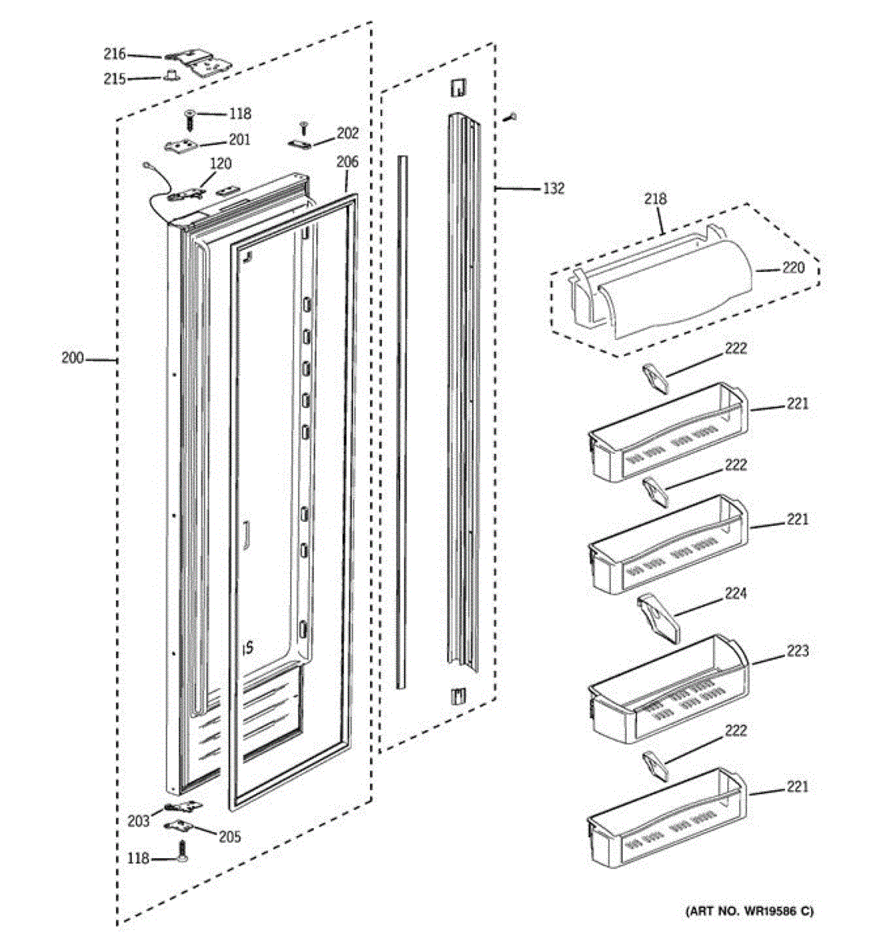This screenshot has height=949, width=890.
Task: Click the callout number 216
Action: tap(115, 54)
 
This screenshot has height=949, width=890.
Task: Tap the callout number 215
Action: tap(115, 78)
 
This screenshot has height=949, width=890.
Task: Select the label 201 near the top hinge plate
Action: tap(239, 140)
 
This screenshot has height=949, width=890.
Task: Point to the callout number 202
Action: tap(347, 133)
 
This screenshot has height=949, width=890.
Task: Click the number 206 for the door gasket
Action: tap(347, 162)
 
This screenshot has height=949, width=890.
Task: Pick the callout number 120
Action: tap(221, 164)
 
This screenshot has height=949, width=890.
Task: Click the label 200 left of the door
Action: tap(73, 358)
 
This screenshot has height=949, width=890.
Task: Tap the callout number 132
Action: tap(553, 188)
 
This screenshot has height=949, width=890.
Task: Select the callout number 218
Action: tap(655, 199)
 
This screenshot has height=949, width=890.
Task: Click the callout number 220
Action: tap(794, 267)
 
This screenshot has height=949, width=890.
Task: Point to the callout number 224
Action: tap(735, 593)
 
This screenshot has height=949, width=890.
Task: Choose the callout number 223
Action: tap(797, 651)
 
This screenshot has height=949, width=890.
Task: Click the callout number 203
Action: tap(138, 821)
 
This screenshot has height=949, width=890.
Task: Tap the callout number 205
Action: tap(230, 837)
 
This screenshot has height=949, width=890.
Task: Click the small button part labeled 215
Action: tap(171, 76)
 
